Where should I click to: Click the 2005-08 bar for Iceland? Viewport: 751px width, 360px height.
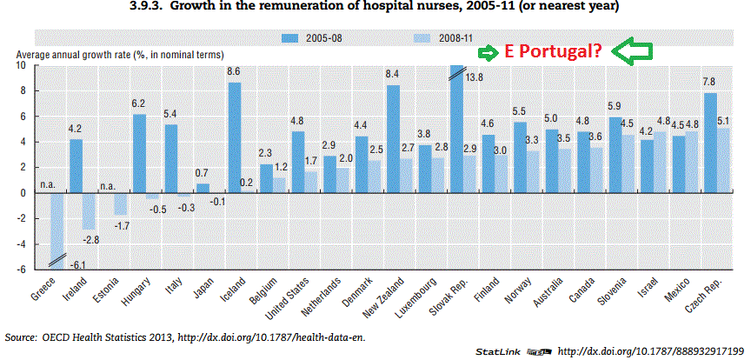[x=234, y=137]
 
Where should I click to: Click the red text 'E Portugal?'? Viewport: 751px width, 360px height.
[x=554, y=51]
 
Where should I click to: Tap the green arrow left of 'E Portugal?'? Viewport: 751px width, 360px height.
[x=490, y=51]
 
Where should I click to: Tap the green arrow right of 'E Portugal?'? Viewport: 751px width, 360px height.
[x=633, y=52]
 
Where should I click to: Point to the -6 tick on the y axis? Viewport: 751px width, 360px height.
[x=21, y=270]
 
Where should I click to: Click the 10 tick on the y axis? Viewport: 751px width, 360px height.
[x=21, y=65]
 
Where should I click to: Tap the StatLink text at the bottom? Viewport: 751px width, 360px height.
[x=497, y=350]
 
